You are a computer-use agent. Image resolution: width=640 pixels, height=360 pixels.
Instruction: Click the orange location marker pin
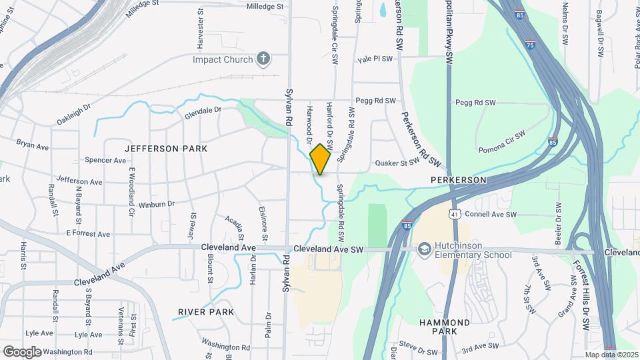[321, 159]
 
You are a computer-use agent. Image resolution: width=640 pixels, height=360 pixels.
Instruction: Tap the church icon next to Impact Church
[263, 59]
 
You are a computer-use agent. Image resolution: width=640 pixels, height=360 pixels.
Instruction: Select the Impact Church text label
[223, 59]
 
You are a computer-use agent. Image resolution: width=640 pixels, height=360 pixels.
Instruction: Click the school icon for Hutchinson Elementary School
[423, 249]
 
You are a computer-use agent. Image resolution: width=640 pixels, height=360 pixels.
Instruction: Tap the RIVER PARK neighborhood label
[206, 312]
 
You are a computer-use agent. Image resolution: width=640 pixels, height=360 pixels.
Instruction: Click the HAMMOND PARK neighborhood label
[445, 327]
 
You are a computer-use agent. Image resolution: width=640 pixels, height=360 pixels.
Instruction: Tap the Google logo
[21, 352]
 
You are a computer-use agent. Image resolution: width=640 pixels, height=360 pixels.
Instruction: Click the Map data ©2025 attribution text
[611, 355]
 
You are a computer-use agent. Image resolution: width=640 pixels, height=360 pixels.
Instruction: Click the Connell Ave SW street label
[491, 215]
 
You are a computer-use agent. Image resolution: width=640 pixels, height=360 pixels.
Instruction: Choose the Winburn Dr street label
[157, 203]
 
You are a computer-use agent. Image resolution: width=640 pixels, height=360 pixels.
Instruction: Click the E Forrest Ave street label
[88, 234]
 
